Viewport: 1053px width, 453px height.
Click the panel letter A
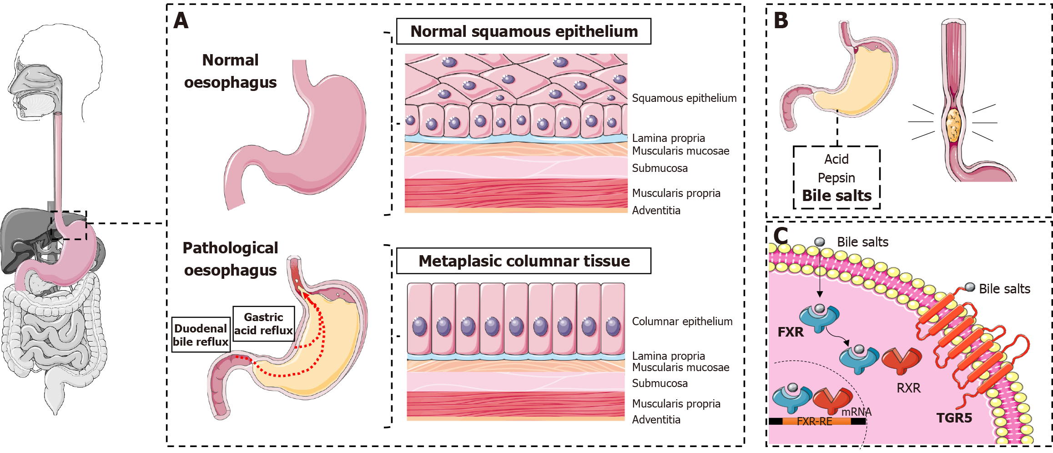point(181,21)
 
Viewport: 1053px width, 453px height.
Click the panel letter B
point(781,21)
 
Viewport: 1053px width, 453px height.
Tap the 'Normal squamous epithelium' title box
point(524,31)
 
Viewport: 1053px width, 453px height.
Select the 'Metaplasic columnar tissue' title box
point(524,261)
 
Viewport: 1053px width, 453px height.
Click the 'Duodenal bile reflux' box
point(201,335)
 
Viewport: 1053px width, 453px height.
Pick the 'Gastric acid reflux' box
point(263,323)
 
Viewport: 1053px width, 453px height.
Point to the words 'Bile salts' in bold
point(836,196)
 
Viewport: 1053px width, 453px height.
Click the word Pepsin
point(836,178)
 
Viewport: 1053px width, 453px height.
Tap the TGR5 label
point(954,418)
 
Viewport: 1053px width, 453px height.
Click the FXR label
point(791,332)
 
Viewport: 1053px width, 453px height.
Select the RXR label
point(908,388)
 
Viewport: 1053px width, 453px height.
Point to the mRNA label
point(856,412)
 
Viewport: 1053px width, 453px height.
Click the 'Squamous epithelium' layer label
point(684,98)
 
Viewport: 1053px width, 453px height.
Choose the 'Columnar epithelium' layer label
point(682,322)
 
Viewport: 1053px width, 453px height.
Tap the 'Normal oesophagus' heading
point(230,71)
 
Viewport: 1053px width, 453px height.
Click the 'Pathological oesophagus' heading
point(230,259)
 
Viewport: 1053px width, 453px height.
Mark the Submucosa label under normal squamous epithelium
point(660,168)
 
